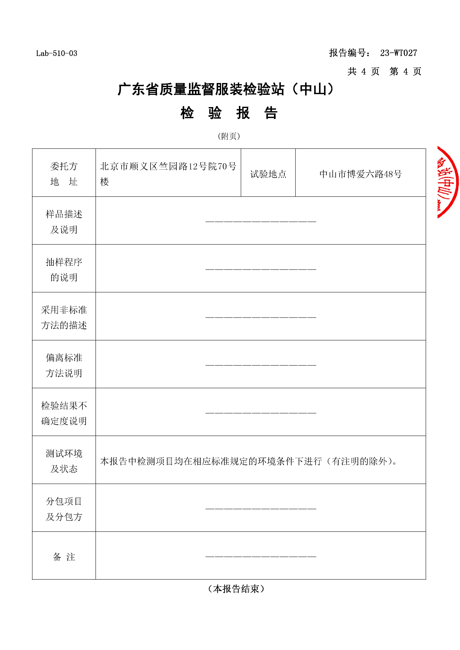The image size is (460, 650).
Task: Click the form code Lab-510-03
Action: pos(57,53)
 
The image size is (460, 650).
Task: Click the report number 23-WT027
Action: pos(398,53)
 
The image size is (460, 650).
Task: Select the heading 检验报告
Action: pos(229,113)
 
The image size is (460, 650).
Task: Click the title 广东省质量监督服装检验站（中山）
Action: pos(226,89)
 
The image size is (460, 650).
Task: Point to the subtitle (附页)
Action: pos(229,136)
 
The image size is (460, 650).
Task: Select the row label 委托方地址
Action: pos(64,174)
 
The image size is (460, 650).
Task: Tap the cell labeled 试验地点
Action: pos(268,174)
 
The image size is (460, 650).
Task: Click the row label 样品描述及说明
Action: pos(64,222)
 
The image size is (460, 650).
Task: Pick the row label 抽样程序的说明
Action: pos(64,270)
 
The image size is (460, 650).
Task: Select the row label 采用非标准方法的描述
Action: pos(64,317)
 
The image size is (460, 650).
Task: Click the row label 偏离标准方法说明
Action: pos(64,365)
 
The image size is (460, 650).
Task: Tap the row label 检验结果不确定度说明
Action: pos(64,413)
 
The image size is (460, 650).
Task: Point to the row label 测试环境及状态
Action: pos(64,461)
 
